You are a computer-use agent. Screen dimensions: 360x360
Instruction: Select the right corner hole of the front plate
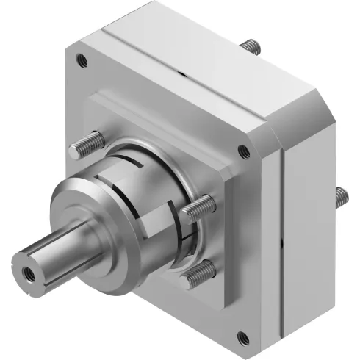point(243,152)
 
